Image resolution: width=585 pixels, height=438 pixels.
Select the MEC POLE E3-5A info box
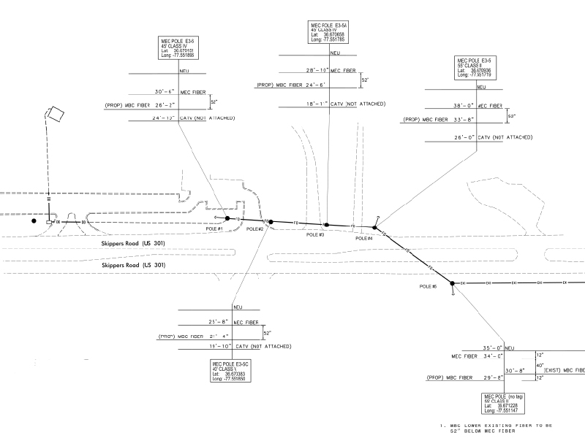point(328,33)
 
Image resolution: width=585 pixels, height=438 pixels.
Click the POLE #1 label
point(214,229)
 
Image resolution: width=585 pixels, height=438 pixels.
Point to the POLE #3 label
point(315,235)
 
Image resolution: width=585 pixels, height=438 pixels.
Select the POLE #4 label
point(363,239)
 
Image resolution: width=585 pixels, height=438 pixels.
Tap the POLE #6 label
point(429,285)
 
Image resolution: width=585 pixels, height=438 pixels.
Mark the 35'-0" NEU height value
point(488,348)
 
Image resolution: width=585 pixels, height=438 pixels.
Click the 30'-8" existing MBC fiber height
point(515,369)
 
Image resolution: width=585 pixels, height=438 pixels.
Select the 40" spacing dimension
point(539,365)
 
